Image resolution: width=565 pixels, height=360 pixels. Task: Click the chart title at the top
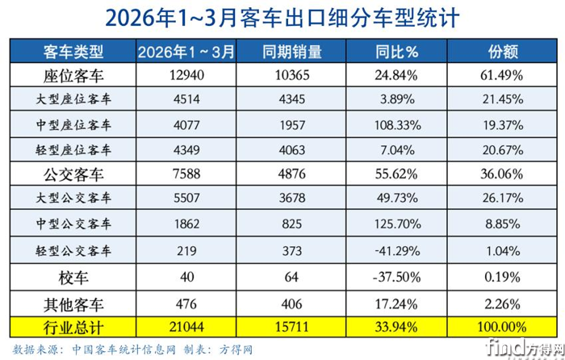(x=282, y=18)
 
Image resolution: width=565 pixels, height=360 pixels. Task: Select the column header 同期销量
(x=292, y=53)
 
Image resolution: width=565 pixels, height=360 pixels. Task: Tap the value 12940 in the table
(x=186, y=77)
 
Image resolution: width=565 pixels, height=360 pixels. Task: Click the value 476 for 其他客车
(x=186, y=303)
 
